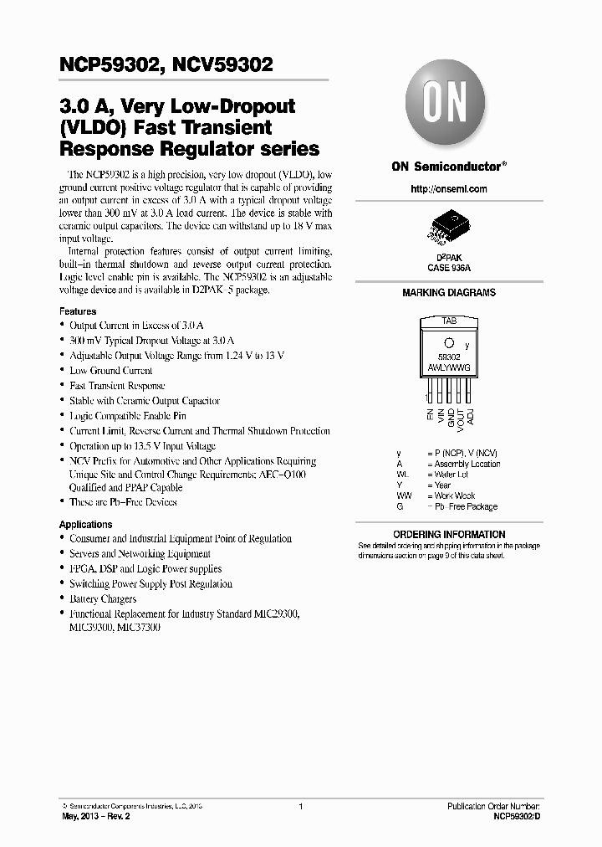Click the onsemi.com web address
448,189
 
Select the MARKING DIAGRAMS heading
449,293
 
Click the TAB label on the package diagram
448,321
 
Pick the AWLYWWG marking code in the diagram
448,366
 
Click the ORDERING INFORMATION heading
449,534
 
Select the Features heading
78,311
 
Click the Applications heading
85,525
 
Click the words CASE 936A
448,268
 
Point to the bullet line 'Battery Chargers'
102,599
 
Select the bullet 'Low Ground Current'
110,371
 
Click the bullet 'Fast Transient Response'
117,386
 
